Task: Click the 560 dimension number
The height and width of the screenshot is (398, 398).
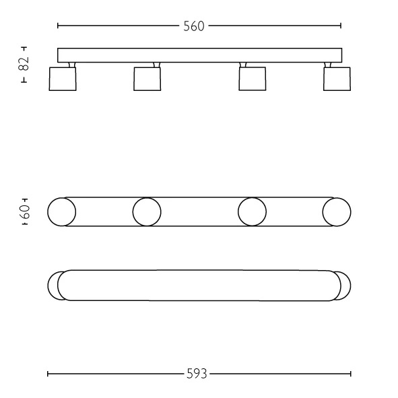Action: pos(194,26)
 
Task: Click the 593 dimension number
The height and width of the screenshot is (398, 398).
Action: pos(197,374)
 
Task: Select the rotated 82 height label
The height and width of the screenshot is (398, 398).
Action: pos(24,63)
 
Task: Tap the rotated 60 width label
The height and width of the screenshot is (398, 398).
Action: pos(26,212)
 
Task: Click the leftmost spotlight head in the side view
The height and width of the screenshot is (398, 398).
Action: pos(63,79)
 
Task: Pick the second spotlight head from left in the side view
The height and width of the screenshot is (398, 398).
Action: pos(147,79)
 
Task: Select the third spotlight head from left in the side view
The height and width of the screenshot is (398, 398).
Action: pos(253,79)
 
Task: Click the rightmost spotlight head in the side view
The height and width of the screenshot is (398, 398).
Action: pos(337,79)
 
